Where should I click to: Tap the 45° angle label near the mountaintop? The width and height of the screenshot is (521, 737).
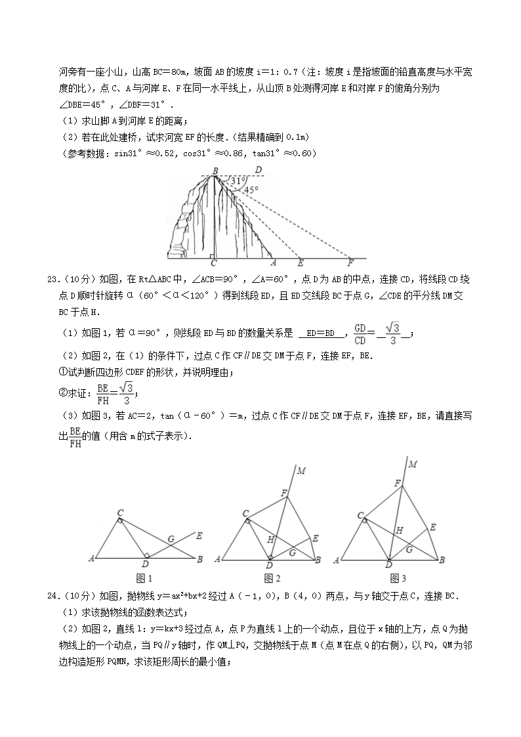pyautogui.click(x=249, y=190)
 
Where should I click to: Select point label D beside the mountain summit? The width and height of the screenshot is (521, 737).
pyautogui.click(x=259, y=170)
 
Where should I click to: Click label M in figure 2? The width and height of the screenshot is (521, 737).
pyautogui.click(x=301, y=470)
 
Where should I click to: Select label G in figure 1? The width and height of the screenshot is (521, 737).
pyautogui.click(x=171, y=539)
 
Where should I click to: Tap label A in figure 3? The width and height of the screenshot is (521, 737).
pyautogui.click(x=337, y=560)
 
